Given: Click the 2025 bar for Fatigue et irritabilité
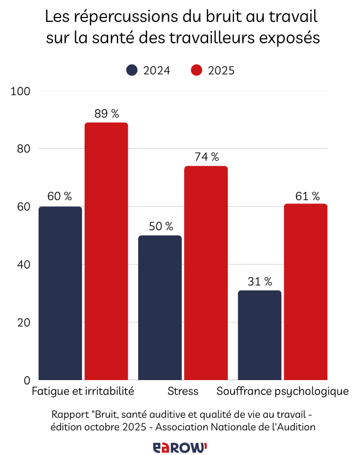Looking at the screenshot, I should (x=106, y=251).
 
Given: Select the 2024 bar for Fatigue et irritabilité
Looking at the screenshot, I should (x=60, y=293).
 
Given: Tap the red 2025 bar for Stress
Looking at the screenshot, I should (x=206, y=273).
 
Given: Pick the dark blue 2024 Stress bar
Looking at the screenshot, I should (x=160, y=307).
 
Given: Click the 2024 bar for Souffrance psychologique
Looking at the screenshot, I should (x=260, y=335).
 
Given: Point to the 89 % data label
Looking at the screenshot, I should (x=107, y=114).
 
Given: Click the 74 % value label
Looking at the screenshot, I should (x=206, y=157).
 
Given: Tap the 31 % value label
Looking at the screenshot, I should (x=260, y=282).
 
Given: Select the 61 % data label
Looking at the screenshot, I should (x=306, y=195).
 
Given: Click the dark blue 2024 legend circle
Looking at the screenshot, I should (x=132, y=71).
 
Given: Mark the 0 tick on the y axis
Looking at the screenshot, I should (x=26, y=381).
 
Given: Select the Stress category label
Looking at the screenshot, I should (x=183, y=392).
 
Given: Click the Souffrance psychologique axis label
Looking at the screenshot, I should (x=282, y=392).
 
